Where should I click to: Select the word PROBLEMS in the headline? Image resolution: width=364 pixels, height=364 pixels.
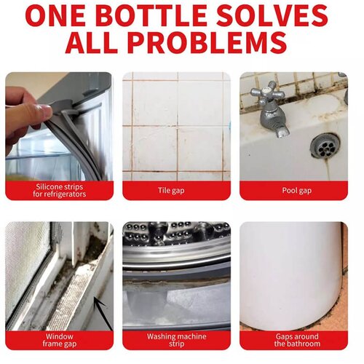207,43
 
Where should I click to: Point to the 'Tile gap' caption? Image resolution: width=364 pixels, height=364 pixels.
171,191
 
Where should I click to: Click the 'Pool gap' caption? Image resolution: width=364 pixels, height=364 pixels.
296,191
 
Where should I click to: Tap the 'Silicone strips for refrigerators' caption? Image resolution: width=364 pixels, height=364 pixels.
60,191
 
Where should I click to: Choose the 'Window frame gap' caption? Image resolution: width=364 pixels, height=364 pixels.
60,340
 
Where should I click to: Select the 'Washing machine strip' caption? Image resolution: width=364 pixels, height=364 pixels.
176,340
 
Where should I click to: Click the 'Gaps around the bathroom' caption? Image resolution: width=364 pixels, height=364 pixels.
297,340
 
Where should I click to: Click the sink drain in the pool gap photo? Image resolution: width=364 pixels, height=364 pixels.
325,146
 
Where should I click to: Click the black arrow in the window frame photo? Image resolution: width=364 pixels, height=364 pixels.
103,314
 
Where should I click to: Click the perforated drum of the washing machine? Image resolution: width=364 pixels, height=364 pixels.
176,233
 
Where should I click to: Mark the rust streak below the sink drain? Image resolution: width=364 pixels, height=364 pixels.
328,170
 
